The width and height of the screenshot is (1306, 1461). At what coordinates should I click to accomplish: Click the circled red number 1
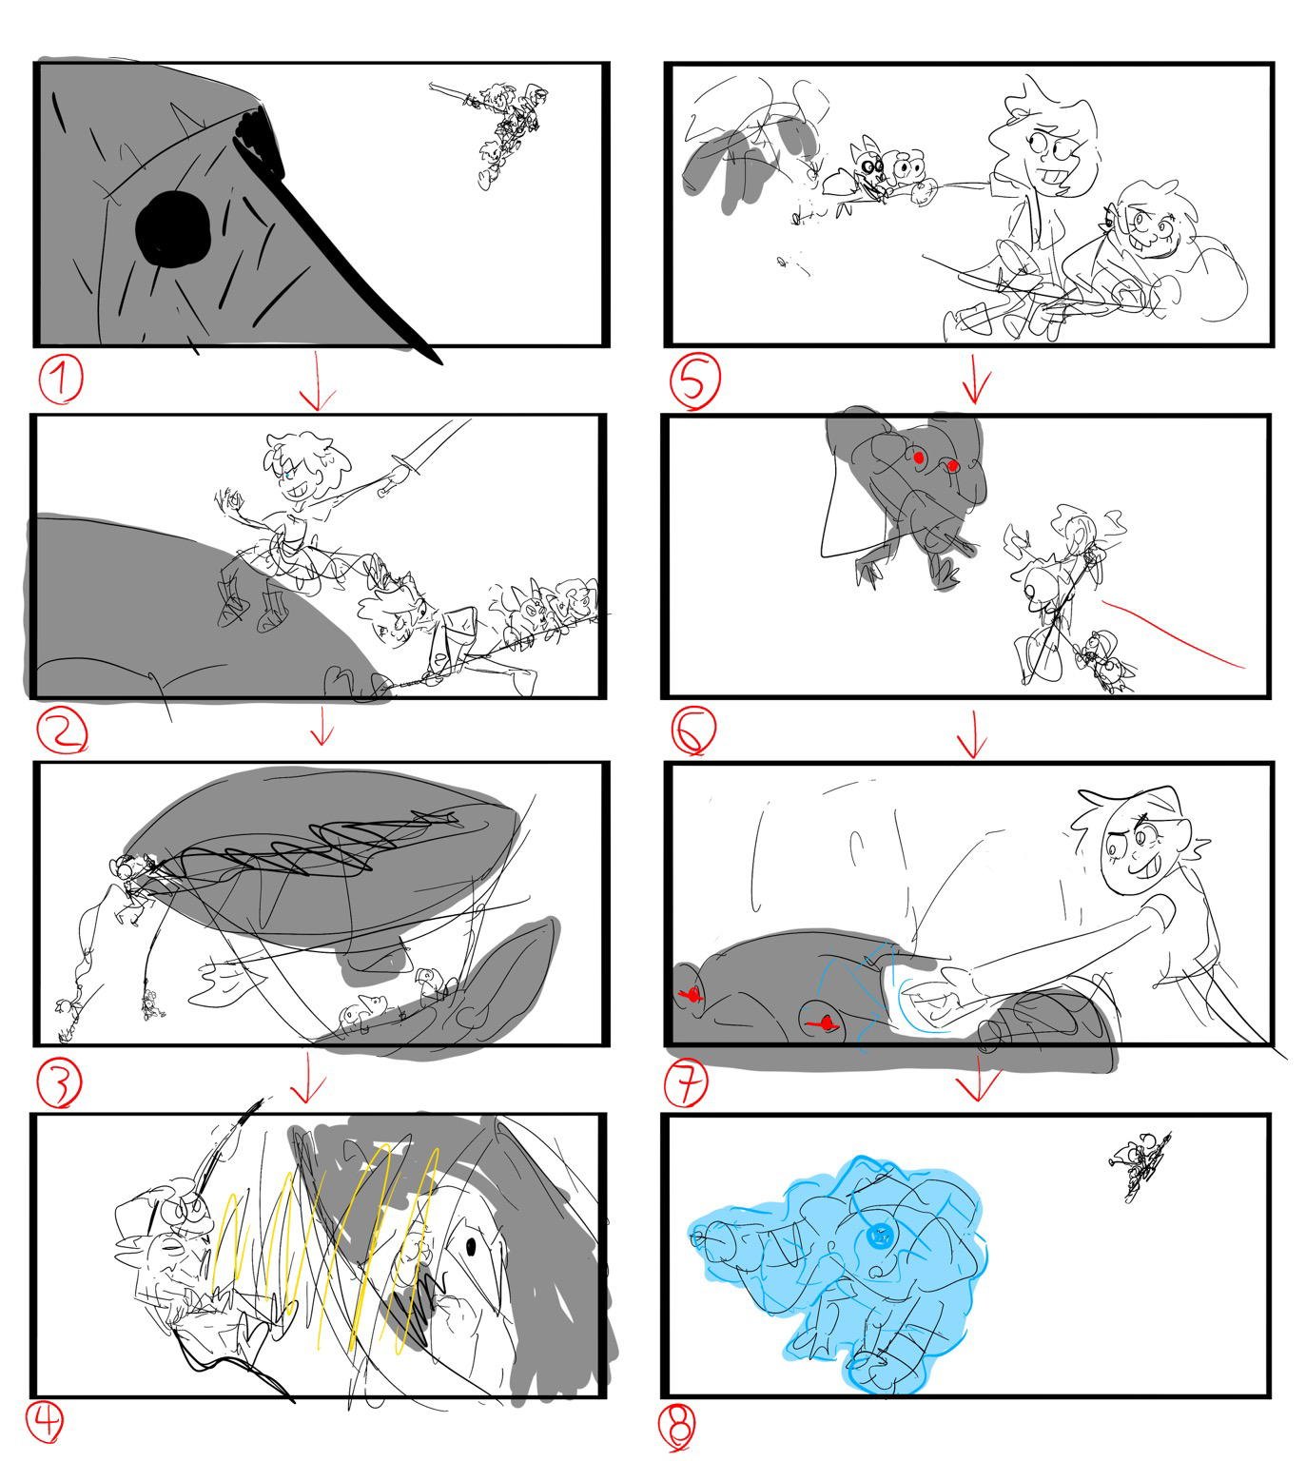(61, 380)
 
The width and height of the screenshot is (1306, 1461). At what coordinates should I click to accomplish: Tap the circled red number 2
(62, 731)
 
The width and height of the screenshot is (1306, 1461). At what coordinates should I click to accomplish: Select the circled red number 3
(59, 1083)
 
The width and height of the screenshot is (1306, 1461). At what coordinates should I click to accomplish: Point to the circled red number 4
(45, 1422)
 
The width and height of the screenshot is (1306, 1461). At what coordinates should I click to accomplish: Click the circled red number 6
(693, 730)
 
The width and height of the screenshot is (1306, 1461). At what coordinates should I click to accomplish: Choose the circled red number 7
(686, 1082)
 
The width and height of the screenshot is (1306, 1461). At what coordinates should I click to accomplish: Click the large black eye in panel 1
(173, 229)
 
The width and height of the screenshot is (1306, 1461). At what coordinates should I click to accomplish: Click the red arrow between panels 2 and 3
(322, 726)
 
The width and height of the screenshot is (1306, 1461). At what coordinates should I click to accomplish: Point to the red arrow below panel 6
(973, 734)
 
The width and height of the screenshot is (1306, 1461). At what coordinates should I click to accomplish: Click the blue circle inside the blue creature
(879, 1237)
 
